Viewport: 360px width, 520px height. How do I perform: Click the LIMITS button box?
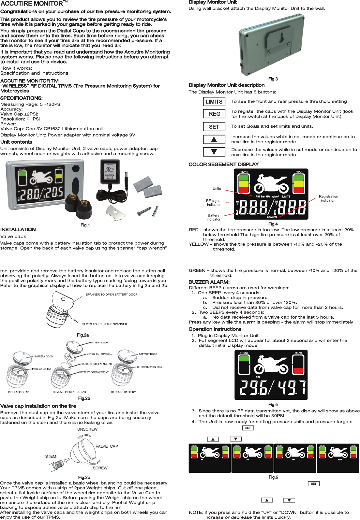pos(214,102)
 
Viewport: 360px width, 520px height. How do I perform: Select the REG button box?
pos(214,114)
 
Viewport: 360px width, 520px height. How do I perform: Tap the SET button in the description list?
pos(214,127)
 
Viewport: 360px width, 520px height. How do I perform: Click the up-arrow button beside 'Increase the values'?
pos(214,139)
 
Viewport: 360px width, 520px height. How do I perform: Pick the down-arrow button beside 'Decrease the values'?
pos(214,152)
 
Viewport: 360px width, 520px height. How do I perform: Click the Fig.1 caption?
pos(85,225)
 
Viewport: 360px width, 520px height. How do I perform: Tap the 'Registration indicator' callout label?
pos(328,198)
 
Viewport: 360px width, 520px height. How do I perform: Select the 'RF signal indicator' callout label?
pos(214,203)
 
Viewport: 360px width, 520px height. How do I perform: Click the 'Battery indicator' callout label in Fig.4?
pos(214,217)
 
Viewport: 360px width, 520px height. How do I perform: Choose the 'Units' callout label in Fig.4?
pos(217,189)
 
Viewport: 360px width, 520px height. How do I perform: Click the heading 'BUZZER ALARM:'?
pos(209,282)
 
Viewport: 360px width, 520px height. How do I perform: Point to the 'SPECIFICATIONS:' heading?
pos(22,98)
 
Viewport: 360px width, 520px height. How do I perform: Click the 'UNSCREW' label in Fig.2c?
pos(87,429)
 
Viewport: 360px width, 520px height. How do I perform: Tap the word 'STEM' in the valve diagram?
pos(51,456)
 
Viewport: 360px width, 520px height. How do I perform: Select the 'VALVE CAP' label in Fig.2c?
pos(107,446)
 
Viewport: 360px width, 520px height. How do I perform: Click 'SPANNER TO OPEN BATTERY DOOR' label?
pos(112,295)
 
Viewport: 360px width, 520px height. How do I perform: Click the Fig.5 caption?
pos(273,405)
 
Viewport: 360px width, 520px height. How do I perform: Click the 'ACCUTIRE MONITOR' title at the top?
pos(32,4)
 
